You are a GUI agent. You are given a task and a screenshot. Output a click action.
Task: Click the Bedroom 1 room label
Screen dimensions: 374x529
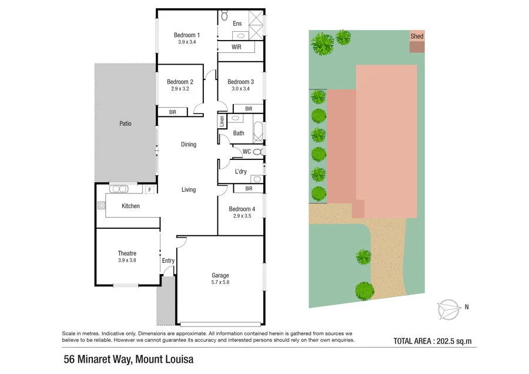point(187,35)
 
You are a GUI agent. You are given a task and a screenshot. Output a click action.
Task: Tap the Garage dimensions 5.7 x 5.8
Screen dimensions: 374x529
point(220,283)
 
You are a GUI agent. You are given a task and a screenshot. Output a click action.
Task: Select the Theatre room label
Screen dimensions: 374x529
point(127,253)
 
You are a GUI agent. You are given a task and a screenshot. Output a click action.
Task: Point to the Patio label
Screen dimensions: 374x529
point(125,123)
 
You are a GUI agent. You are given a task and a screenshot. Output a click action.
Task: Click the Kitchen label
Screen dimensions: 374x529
point(130,206)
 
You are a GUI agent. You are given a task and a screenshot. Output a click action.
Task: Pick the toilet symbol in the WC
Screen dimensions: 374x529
point(257,152)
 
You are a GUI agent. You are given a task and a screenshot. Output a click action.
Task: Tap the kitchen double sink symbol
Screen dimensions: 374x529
point(119,189)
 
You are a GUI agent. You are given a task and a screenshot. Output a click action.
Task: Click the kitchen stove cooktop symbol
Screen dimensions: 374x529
point(101,206)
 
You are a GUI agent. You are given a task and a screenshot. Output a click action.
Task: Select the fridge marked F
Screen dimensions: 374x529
point(150,189)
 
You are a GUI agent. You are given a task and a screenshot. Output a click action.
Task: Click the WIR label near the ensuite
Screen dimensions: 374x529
point(237,46)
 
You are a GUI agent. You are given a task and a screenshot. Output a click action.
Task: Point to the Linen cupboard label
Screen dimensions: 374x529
point(222,122)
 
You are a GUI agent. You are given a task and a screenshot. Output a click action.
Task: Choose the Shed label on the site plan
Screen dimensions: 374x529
point(417,36)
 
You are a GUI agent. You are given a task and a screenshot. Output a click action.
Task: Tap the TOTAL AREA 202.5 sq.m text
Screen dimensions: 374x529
point(433,340)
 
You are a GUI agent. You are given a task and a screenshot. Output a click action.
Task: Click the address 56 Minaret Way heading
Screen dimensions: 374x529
point(128,359)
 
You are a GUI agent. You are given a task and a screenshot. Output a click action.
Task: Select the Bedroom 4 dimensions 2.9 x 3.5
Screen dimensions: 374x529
point(242,216)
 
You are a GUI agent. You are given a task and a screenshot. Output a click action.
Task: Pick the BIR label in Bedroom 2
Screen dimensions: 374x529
point(173,111)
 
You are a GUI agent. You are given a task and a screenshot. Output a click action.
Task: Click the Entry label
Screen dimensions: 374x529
point(168,261)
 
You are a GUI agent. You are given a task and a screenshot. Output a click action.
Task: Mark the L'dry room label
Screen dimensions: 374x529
point(240,172)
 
